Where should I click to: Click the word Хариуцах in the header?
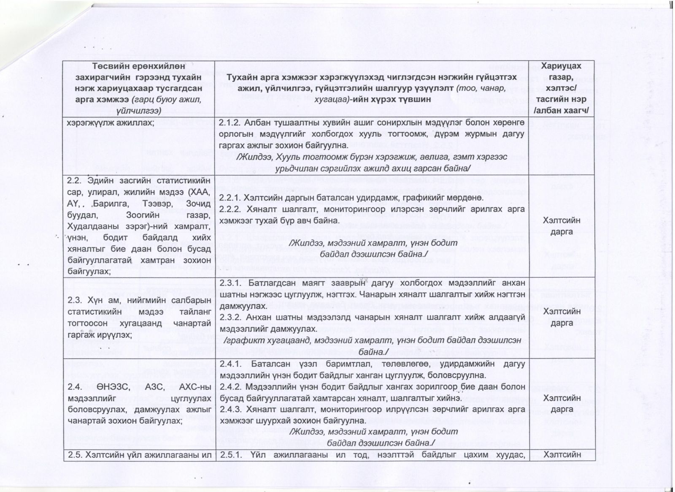[561, 66]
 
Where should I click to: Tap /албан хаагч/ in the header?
[561, 111]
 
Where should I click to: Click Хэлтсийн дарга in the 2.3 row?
[561, 317]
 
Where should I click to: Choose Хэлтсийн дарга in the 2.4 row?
[561, 403]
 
